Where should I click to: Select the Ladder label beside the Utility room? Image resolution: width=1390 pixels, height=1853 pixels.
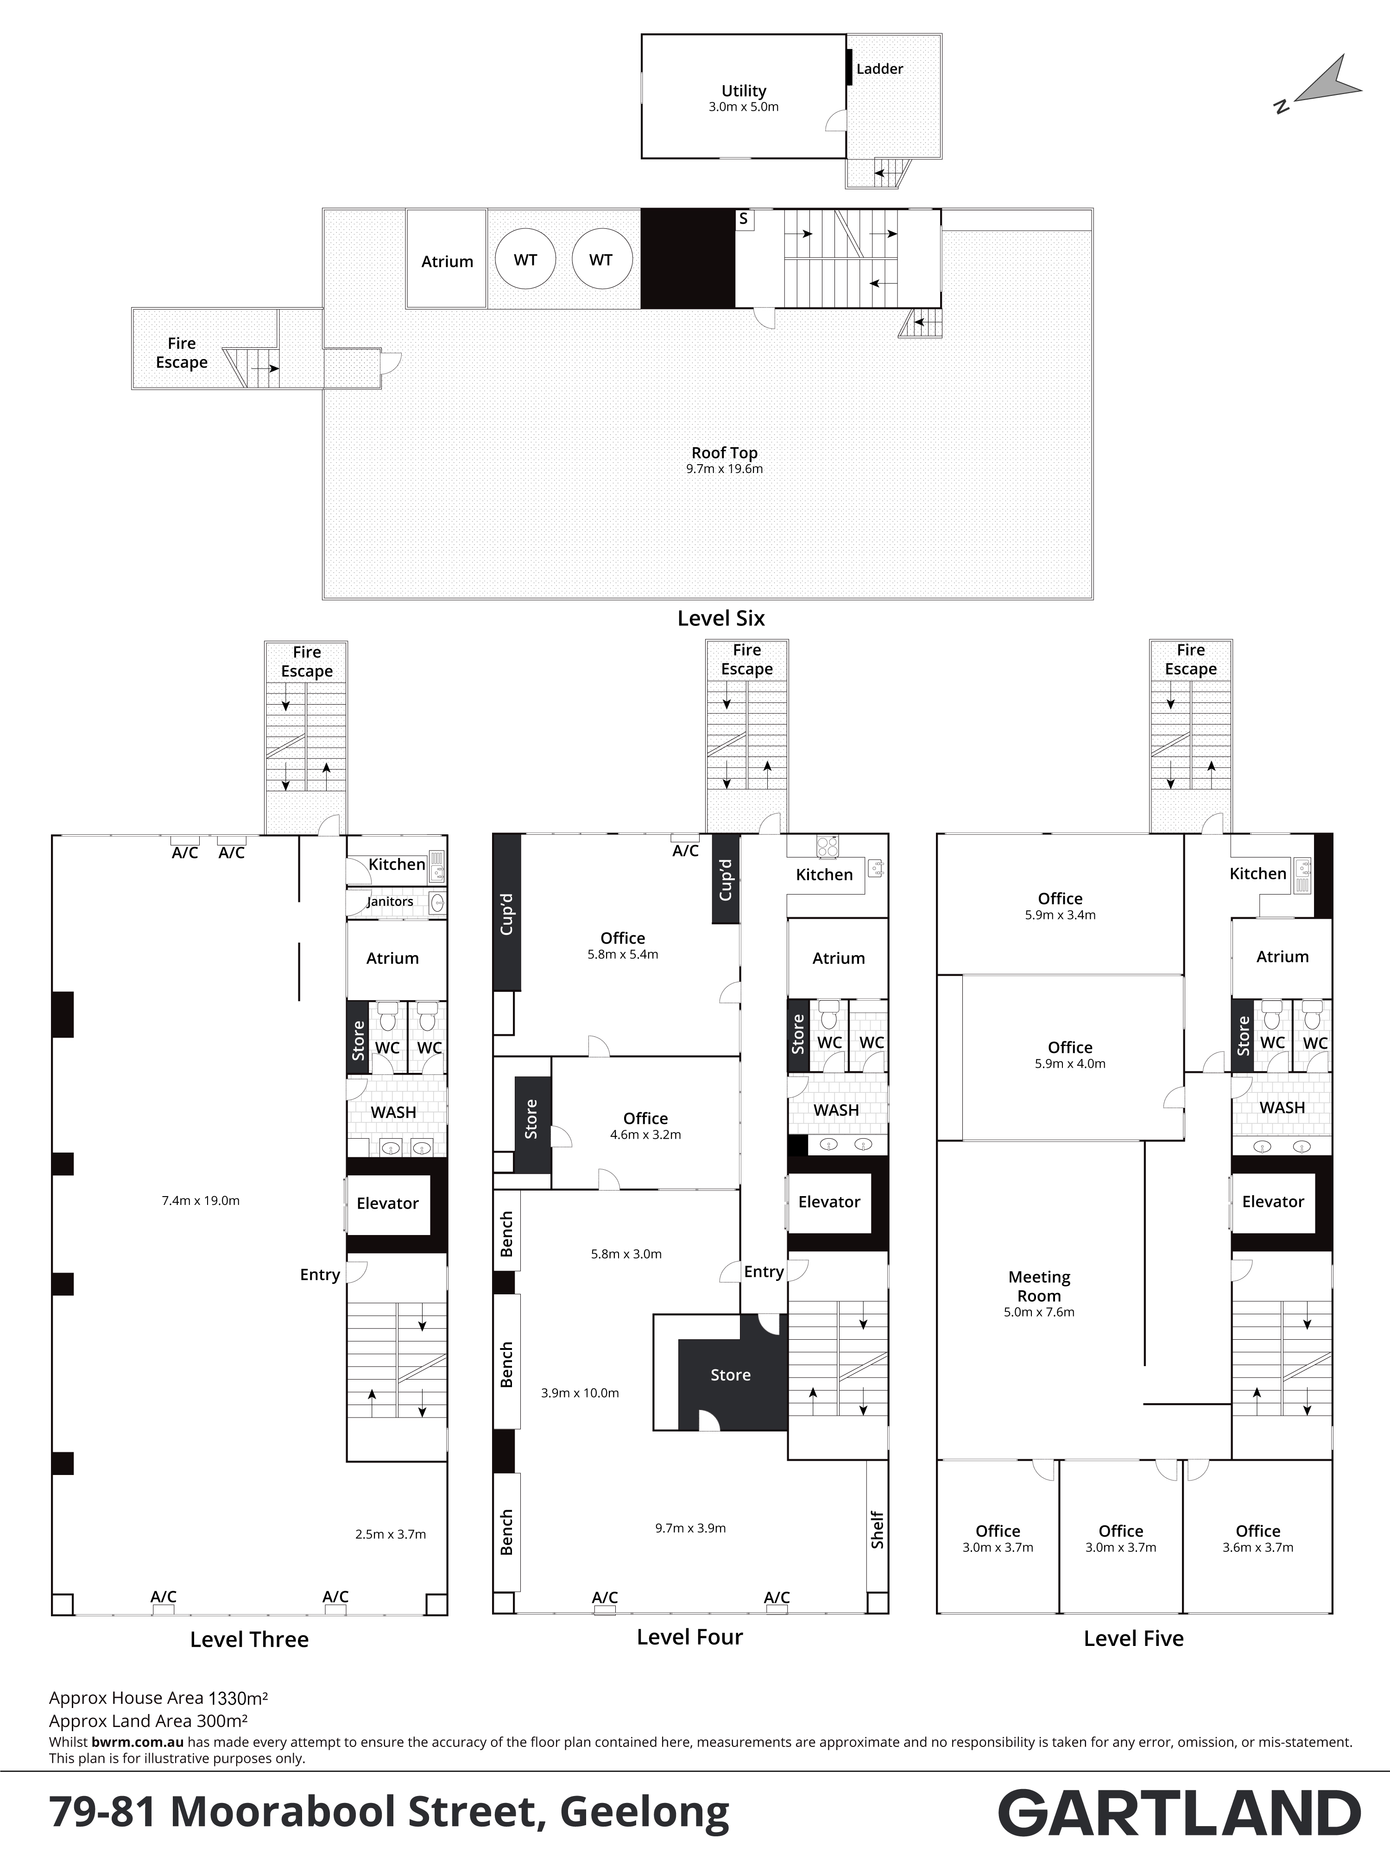point(880,69)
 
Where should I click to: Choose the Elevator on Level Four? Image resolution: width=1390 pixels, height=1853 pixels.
point(829,1202)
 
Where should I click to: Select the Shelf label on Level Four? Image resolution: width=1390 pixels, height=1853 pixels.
point(877,1529)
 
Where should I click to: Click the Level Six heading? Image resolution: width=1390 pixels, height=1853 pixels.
point(721,618)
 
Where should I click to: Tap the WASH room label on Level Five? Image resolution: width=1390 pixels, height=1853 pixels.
point(1282,1108)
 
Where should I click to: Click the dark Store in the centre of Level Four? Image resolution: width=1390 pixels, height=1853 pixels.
point(731,1374)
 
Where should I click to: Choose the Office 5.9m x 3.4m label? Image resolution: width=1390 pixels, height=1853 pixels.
point(1060,907)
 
